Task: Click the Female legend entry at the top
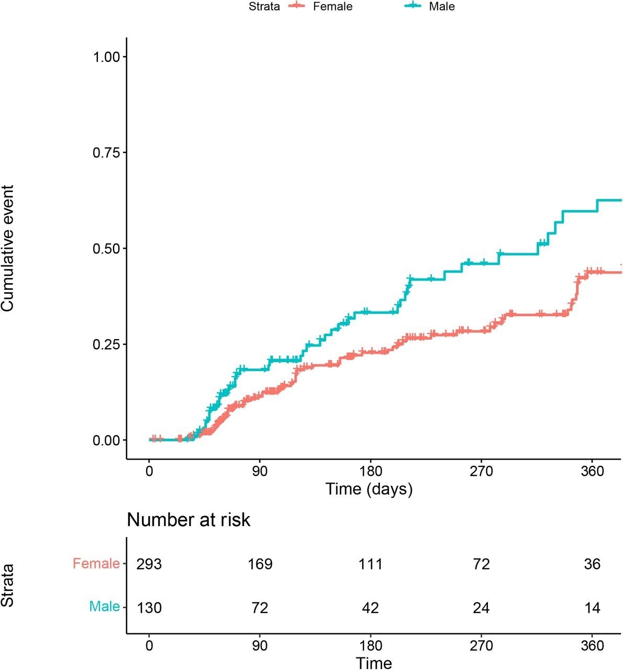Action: (332, 7)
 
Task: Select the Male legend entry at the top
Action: (441, 7)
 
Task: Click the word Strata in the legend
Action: (264, 7)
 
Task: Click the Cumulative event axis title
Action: (8, 248)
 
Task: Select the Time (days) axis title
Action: (369, 489)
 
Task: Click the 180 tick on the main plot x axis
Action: (371, 471)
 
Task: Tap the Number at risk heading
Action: (188, 520)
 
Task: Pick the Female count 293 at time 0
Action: (149, 564)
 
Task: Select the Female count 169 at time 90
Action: (260, 564)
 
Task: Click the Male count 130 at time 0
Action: (149, 608)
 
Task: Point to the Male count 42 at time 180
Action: (371, 608)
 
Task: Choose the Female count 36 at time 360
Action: (592, 564)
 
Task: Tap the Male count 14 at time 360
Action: (592, 608)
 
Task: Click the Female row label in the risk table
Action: (96, 564)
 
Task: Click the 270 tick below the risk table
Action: (481, 645)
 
